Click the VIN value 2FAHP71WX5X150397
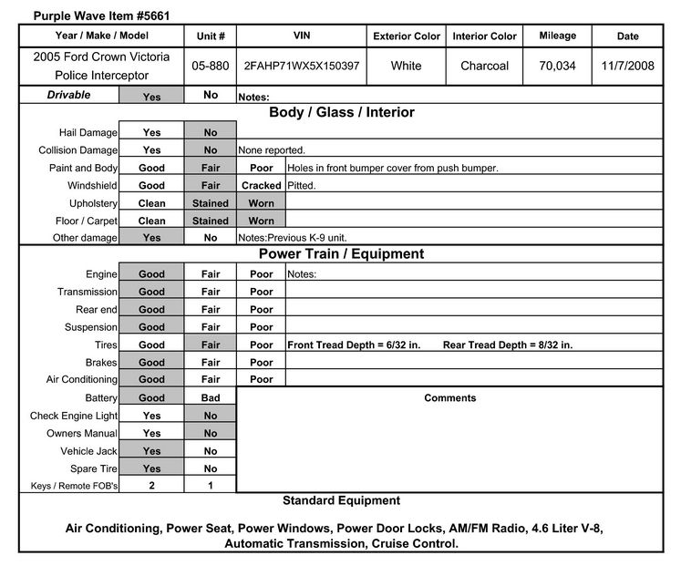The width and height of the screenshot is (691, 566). pos(301,67)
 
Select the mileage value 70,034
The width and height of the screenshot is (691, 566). pos(557,67)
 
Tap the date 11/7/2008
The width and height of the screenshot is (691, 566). pos(627,67)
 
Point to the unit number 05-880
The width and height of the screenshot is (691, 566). pos(211,67)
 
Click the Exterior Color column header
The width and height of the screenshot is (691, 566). pos(407,36)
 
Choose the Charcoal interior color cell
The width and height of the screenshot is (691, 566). pos(484,67)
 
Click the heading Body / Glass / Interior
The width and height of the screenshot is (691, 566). pos(341,113)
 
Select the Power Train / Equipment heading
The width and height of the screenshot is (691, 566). pos(341,254)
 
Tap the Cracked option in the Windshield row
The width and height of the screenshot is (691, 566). pos(262,186)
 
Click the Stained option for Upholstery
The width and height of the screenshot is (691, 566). pos(211,203)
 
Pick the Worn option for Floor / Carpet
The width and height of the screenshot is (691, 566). pos(262,221)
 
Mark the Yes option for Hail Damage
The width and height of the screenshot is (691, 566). pos(152,133)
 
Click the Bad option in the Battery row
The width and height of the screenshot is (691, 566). pos(211,398)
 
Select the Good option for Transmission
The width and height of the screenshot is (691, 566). pos(152,292)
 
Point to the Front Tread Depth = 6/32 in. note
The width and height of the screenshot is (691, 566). pos(354,345)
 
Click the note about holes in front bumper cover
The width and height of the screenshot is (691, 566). pos(393,169)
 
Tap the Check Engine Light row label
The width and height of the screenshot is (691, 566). pos(74,417)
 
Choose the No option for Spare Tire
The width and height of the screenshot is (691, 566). pos(211,468)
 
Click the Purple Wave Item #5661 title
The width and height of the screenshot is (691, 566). pos(88,15)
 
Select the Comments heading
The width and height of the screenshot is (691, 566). pos(449,398)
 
